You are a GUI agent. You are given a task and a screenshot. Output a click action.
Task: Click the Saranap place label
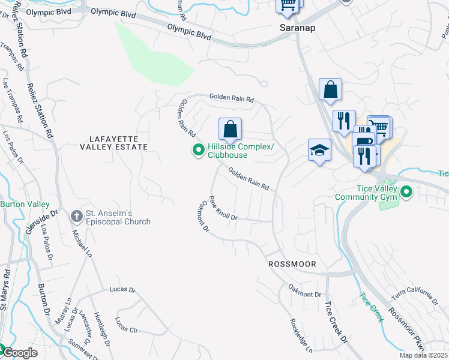[298, 28]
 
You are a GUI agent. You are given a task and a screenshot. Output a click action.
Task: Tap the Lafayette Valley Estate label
[114, 143]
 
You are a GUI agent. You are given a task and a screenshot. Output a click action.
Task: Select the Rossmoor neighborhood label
[292, 264]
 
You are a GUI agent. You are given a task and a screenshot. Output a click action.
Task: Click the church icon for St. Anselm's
[76, 215]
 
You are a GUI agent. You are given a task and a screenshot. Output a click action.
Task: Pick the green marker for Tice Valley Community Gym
[406, 193]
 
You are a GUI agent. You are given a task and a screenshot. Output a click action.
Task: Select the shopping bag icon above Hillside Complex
[230, 128]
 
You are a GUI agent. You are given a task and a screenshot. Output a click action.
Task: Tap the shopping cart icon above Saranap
[288, 4]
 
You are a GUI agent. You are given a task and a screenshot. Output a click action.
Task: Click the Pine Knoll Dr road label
[223, 208]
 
